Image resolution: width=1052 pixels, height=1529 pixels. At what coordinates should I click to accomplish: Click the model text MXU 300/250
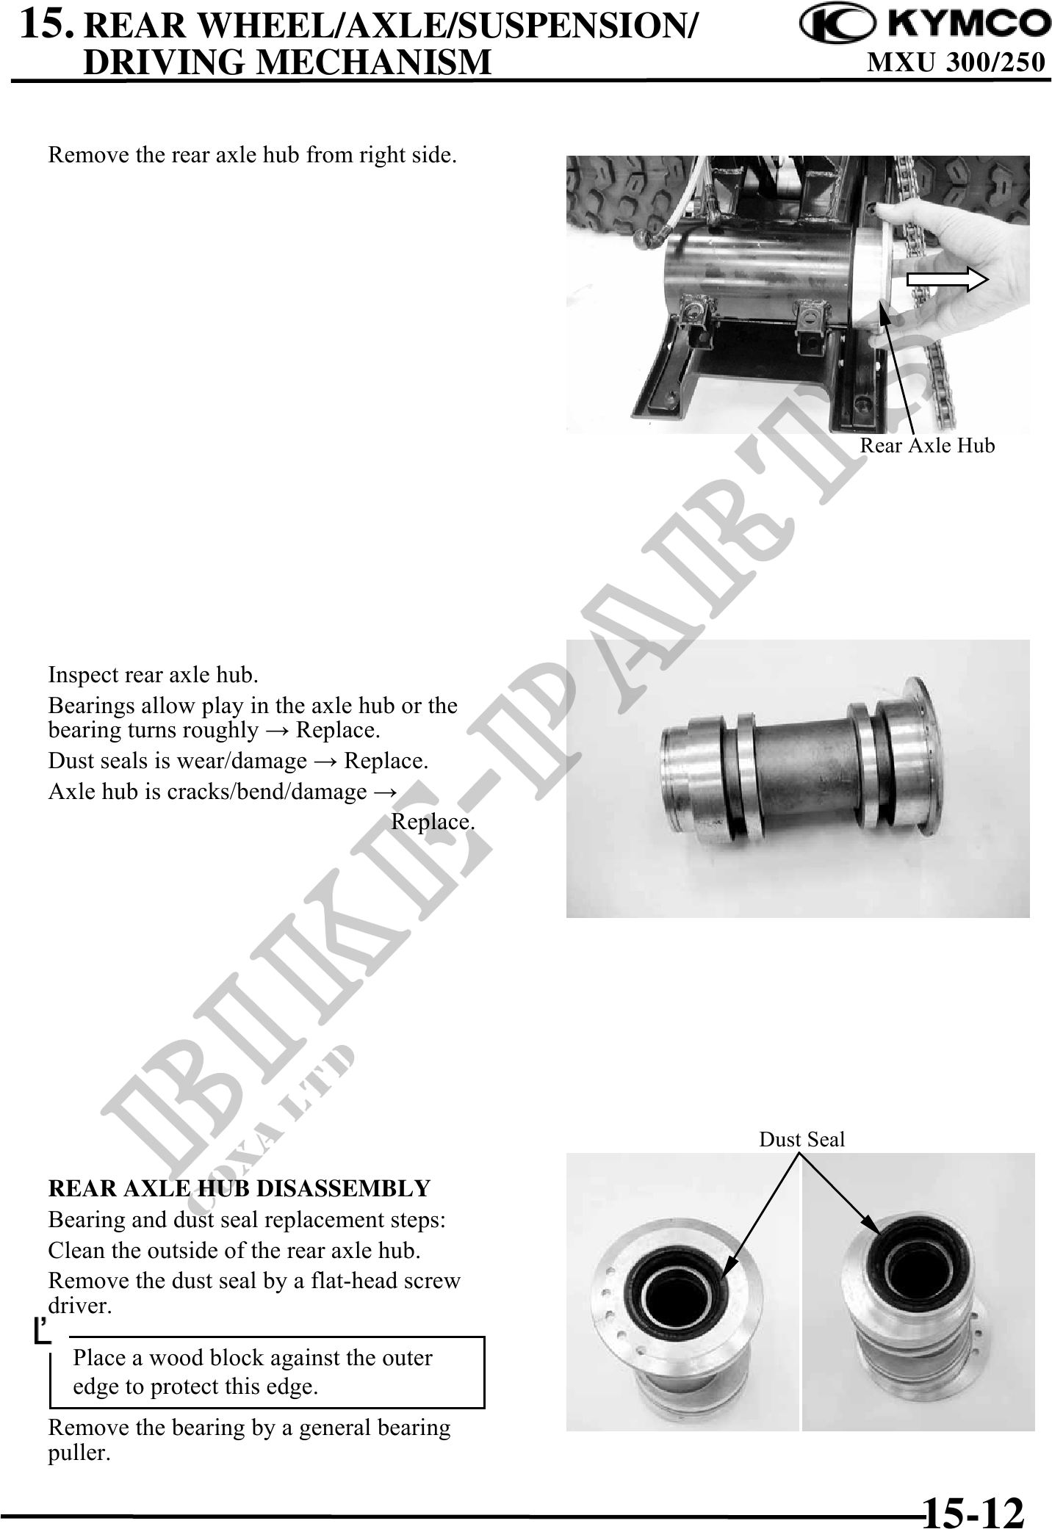956,63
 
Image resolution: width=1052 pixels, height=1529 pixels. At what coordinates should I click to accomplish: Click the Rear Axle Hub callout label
927,446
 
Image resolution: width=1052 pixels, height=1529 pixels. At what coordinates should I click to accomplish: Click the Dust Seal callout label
801,1139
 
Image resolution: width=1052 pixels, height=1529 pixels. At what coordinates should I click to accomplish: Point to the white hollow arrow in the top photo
948,279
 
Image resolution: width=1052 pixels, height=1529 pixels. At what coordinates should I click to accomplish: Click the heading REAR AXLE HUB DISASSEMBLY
239,1188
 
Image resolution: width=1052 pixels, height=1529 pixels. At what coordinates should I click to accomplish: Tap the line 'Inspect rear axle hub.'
153,674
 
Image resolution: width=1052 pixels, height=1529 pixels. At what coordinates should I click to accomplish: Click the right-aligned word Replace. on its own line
433,821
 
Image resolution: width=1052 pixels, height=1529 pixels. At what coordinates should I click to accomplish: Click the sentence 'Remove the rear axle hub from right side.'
251,156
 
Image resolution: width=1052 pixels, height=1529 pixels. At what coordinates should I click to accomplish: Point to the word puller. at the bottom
79,1453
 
